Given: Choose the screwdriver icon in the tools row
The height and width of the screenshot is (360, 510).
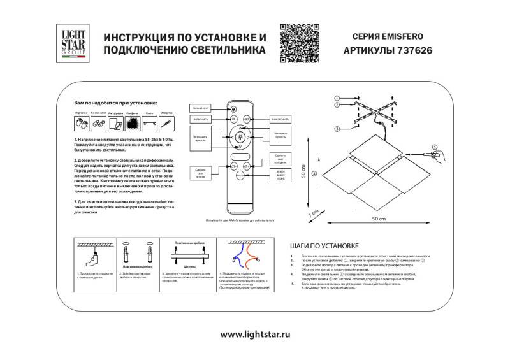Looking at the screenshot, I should click(167, 122).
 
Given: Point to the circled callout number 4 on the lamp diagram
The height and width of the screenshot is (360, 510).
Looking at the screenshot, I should click(314, 173).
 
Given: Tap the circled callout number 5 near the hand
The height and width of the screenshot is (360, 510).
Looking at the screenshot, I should click(435, 147).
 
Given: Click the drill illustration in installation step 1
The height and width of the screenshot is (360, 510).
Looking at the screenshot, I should click(94, 258).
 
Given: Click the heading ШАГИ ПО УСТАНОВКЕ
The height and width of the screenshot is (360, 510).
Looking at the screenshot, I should click(324, 245).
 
